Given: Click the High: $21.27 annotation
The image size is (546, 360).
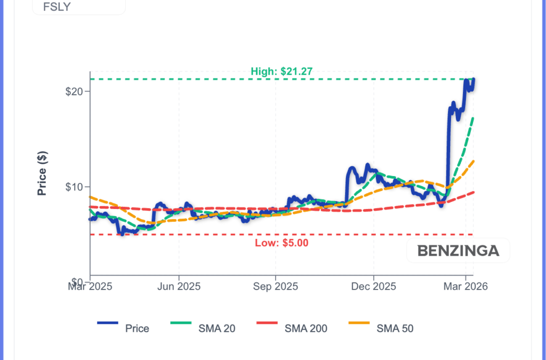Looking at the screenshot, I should tap(282, 71).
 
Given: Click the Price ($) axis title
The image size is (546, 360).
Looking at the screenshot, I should tap(42, 174).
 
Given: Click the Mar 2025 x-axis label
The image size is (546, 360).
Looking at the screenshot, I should tap(90, 286).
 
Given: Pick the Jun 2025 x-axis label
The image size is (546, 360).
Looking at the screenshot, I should tap(179, 286).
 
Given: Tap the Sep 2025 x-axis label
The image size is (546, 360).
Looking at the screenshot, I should tap(276, 286).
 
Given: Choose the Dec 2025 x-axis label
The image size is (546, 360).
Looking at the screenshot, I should tap(373, 286).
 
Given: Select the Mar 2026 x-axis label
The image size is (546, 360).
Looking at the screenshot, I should tap(465, 286).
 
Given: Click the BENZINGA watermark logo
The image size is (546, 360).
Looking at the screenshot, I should tap(458, 251).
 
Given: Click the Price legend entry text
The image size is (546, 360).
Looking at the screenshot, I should tap(137, 329).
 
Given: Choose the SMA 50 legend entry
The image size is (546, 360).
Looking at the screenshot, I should tap(395, 329).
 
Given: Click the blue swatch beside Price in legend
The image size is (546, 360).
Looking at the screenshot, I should tap(108, 323).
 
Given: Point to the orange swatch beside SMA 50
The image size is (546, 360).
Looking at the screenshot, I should tap(359, 323).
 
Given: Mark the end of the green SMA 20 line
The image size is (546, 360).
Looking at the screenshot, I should tap(473, 118).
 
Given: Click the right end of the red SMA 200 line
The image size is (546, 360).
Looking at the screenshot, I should tap(473, 192).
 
